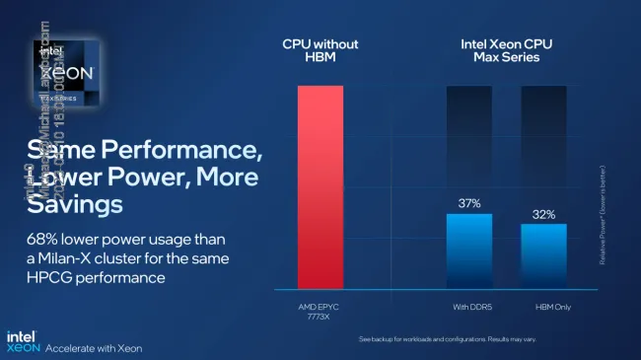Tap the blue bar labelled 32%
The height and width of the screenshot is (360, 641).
(543, 254)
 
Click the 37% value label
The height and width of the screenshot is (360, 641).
(469, 204)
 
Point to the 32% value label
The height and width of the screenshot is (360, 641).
(543, 214)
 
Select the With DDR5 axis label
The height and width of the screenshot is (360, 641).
(469, 308)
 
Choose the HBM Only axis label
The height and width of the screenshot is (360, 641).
(544, 308)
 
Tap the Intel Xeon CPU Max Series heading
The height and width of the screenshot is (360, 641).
(507, 51)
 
